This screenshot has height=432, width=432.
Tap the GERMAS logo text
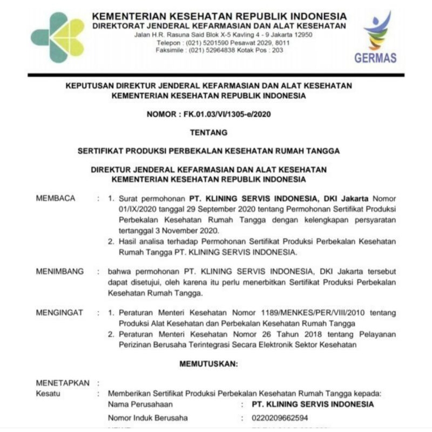375,57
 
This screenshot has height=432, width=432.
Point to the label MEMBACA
56,198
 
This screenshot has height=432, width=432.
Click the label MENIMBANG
59,272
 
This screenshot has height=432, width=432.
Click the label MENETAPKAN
62,383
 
